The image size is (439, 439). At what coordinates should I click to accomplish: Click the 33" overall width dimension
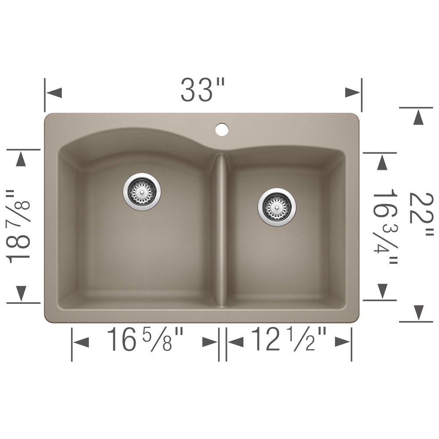[x=202, y=91]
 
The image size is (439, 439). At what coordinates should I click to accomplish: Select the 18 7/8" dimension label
[x=19, y=226]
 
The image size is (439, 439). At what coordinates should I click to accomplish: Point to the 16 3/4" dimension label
[x=385, y=227]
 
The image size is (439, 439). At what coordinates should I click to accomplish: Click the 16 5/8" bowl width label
[x=145, y=340]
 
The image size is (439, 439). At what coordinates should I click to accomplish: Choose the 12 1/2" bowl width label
[x=288, y=340]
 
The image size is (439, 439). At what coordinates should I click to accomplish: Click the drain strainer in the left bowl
[x=142, y=191]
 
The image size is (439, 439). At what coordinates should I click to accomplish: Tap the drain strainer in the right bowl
[x=277, y=206]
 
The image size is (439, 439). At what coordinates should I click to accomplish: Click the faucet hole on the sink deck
[x=222, y=129]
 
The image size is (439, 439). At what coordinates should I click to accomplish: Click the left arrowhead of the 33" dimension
[x=53, y=93]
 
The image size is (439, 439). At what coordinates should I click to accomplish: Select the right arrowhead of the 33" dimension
[x=353, y=93]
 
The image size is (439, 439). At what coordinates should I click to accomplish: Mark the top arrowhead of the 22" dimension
[x=418, y=117]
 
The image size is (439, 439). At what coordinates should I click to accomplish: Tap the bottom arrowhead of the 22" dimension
[x=418, y=312]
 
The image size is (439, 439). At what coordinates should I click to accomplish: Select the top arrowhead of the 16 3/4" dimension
[x=382, y=163]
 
